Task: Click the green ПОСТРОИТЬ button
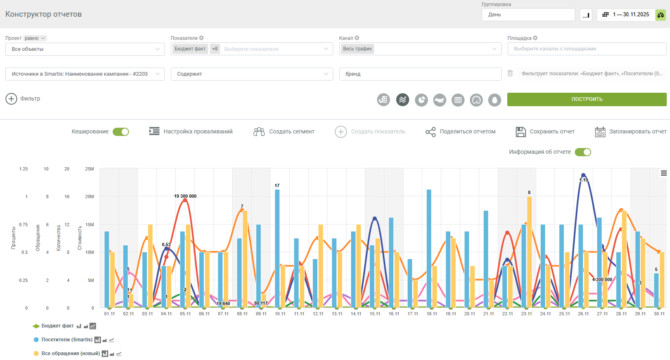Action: [587, 99]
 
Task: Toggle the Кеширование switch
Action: [121, 132]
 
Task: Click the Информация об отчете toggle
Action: [583, 152]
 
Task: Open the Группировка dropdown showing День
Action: [528, 15]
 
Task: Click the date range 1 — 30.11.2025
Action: [631, 15]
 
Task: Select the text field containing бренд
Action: [420, 74]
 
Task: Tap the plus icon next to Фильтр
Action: [11, 99]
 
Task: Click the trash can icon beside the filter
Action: [510, 73]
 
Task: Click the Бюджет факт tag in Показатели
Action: [190, 49]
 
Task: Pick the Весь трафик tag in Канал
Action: [358, 49]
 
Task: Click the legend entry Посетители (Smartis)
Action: [67, 340]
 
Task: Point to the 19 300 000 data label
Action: [185, 196]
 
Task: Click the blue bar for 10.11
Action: [277, 249]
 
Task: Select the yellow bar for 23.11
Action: [529, 252]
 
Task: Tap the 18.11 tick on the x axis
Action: [432, 314]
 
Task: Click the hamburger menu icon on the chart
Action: [664, 173]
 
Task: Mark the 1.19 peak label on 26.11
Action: [584, 180]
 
